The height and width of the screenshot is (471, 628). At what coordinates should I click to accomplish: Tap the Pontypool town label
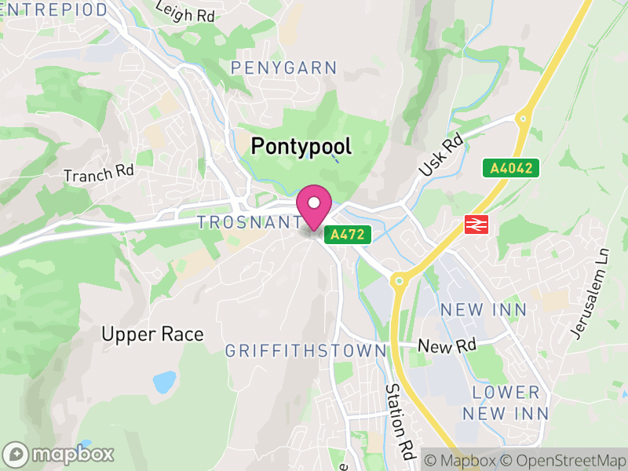pyautogui.click(x=301, y=146)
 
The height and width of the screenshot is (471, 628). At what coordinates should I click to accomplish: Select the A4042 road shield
pyautogui.click(x=510, y=168)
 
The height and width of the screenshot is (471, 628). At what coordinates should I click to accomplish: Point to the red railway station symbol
pyautogui.click(x=476, y=224)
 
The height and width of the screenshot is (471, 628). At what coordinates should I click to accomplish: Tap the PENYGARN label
pyautogui.click(x=283, y=68)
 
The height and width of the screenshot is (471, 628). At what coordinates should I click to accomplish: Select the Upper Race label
pyautogui.click(x=152, y=334)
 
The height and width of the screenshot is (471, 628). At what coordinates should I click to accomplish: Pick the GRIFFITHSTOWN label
pyautogui.click(x=306, y=351)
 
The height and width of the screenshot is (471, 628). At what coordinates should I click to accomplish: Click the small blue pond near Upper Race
pyautogui.click(x=165, y=382)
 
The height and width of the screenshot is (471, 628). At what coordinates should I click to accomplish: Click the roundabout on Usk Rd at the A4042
pyautogui.click(x=520, y=119)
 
